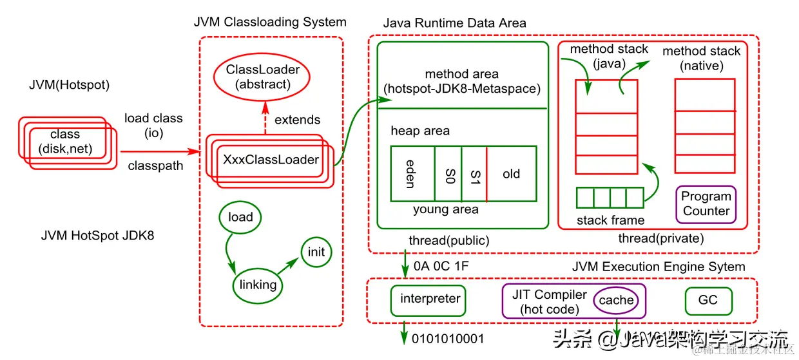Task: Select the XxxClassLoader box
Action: coord(271,160)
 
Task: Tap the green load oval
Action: coord(240,217)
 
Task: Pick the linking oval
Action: coord(258,285)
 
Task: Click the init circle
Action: coord(316,252)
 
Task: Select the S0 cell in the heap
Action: coord(449,174)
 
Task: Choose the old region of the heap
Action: coord(512,174)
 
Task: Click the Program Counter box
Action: coord(706,204)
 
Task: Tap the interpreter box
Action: coord(430,299)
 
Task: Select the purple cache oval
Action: coord(617,300)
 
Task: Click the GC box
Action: coord(707,300)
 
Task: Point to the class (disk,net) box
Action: coord(65,142)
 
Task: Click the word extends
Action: coord(297,120)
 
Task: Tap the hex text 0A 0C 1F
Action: coord(441,265)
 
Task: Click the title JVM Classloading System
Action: coord(270,22)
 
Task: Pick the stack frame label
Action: coord(610,221)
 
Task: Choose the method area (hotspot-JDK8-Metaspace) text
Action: coord(461,82)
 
